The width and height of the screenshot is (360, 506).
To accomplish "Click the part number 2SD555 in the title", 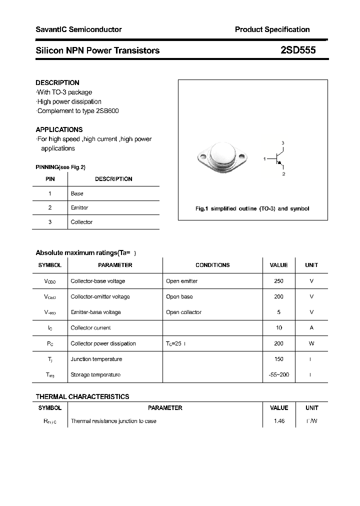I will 298,50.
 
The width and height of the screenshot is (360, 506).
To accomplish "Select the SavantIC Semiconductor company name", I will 78,29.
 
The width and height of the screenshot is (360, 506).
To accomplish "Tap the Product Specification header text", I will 272,29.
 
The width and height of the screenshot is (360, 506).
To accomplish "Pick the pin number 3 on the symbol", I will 283,143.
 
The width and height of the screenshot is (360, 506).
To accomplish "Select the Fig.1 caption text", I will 252,208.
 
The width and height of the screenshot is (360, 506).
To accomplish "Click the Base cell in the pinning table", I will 77,193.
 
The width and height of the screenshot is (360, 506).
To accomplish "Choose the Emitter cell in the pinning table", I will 79,207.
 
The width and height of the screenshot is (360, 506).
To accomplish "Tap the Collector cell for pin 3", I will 81,222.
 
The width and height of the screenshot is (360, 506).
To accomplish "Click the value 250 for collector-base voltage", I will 278,281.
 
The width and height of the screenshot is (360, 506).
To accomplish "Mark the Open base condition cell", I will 179,296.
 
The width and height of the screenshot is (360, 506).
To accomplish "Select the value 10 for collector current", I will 278,328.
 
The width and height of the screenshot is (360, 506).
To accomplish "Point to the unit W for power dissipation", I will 311,343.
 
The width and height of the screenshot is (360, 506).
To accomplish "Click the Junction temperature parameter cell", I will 96,359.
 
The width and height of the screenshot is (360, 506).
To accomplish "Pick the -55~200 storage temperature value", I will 278,374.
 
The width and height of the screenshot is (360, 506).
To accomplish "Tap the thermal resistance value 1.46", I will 279,421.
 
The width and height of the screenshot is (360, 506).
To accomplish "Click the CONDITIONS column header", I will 212,265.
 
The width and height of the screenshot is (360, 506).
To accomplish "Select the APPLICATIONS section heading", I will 59,129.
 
